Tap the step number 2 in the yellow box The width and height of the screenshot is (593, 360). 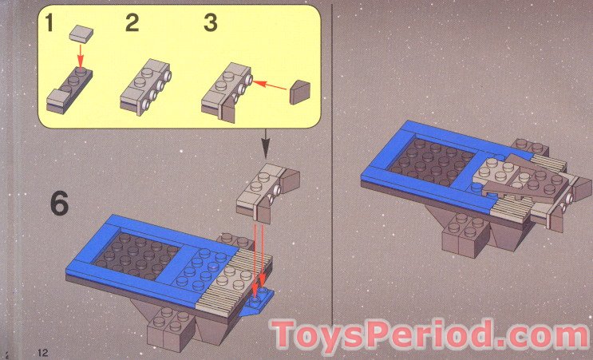pos(132,24)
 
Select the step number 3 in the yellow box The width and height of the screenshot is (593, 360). pos(211,23)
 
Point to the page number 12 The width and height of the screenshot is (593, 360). pos(43,351)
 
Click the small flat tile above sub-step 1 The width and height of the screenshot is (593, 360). pos(81,33)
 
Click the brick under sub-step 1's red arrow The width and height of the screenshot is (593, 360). pos(70,90)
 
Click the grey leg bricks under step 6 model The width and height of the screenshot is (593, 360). pos(172,329)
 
